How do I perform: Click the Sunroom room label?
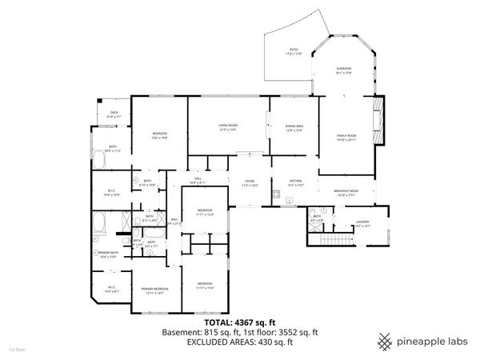pos(343,70)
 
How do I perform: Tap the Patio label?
pos(294,51)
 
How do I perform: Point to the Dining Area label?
pos(294,127)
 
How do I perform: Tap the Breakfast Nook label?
pos(346,192)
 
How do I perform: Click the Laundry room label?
pos(362,224)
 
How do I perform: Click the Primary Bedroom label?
pos(154,290)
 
